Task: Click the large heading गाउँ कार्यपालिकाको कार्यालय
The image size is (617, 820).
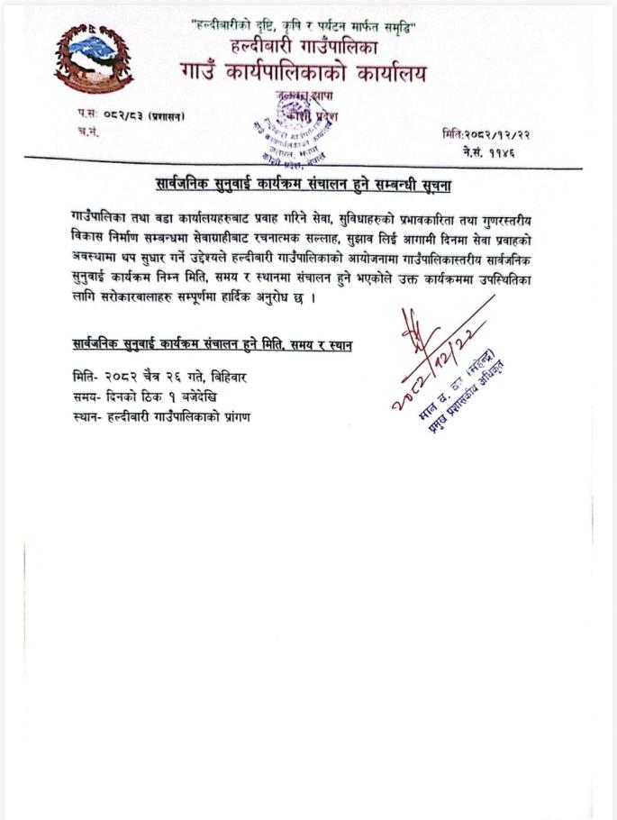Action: (x=304, y=72)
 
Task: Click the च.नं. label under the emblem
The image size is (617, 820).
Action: (x=88, y=132)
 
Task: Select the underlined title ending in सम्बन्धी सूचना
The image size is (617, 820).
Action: (x=303, y=186)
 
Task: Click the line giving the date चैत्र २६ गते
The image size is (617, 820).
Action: (x=159, y=377)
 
